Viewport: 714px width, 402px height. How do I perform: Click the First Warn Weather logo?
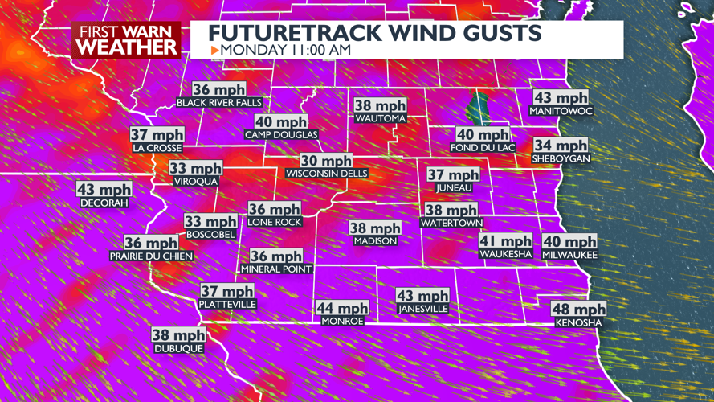point(127,39)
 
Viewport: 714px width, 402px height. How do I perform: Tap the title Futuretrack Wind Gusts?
point(374,33)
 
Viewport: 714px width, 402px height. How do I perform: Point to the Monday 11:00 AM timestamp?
point(286,50)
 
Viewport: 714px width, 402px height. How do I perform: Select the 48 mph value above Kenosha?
point(579,310)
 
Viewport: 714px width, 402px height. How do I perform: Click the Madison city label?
point(375,241)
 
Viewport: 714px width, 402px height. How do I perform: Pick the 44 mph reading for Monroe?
point(342,308)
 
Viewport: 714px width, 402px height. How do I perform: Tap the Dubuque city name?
point(179,349)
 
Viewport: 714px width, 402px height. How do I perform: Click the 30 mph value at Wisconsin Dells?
point(326,161)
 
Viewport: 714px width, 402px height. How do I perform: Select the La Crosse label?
point(157,149)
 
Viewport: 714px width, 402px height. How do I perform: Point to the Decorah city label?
point(104,204)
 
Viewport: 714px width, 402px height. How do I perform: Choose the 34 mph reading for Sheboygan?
point(561,146)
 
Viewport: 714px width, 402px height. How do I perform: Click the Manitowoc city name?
point(561,111)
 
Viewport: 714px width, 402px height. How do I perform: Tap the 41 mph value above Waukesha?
point(505,241)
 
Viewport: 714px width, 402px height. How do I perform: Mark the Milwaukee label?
point(569,254)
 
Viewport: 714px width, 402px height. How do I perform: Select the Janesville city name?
point(422,309)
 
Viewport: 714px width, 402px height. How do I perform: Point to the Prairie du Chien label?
point(151,256)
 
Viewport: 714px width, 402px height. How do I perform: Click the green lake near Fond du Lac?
point(480,108)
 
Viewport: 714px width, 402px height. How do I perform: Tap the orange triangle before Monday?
point(214,50)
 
